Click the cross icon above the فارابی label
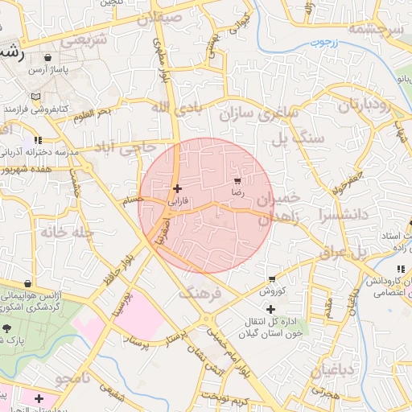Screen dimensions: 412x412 177,189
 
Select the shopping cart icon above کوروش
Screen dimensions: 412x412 272,279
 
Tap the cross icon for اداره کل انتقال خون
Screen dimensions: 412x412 270,309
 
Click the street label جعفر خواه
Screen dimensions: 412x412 348,182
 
